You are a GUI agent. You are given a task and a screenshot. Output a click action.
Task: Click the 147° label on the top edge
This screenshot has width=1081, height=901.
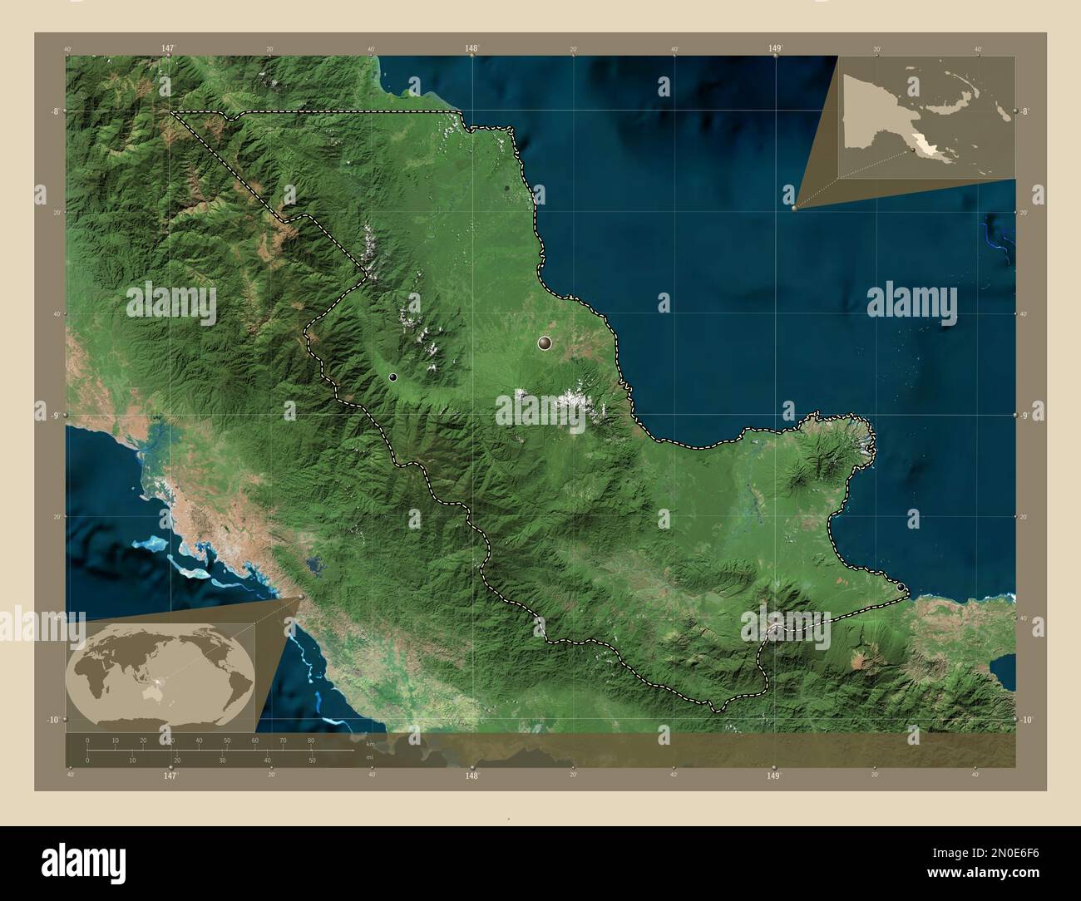coord(168,49)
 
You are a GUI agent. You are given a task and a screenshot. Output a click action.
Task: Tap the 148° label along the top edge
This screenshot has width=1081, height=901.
coord(471,49)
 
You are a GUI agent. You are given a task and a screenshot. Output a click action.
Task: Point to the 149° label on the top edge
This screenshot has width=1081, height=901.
coord(775,49)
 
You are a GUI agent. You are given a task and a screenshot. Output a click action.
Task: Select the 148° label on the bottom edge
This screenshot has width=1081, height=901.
coord(471,775)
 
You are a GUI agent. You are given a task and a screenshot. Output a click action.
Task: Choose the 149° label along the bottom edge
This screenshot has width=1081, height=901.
coord(774,775)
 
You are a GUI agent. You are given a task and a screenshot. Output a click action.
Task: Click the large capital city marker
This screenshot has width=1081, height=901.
coord(545,342)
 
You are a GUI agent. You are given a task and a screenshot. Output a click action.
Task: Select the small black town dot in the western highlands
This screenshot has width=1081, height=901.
coord(392,377)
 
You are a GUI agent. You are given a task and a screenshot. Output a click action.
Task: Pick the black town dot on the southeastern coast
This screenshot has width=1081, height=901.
coord(902,588)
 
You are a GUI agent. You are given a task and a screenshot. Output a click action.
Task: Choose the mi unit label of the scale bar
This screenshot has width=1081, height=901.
coord(369,757)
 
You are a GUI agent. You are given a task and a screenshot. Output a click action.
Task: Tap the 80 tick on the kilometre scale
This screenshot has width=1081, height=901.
coord(310,739)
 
